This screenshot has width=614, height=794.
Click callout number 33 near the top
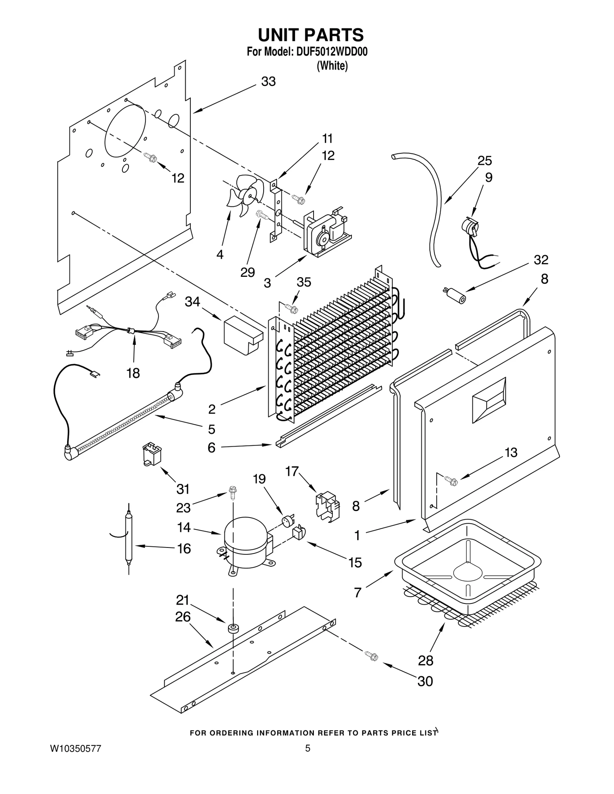(268, 82)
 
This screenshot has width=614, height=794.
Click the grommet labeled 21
(232, 628)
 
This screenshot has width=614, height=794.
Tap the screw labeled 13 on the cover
(451, 480)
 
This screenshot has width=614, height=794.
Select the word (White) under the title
(332, 66)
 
